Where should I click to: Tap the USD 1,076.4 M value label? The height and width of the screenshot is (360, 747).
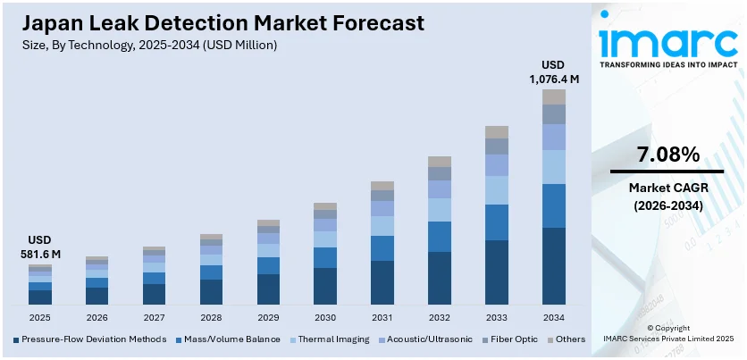click(x=555, y=72)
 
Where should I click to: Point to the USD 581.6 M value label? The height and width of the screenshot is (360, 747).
click(x=40, y=247)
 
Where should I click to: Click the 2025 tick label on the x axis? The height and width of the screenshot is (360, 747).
click(x=40, y=317)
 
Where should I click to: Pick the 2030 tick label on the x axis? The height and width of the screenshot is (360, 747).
click(x=325, y=317)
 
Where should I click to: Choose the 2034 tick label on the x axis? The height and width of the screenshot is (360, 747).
click(x=554, y=317)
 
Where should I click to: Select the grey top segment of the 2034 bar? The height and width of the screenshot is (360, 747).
click(x=554, y=96)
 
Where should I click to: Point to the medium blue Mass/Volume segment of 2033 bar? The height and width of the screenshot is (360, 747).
click(x=497, y=222)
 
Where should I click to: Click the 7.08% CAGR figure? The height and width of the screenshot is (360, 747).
click(x=667, y=155)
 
